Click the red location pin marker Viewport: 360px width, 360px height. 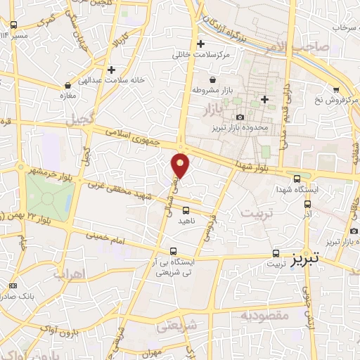coord(181,165)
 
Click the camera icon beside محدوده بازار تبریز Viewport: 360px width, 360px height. coord(240,117)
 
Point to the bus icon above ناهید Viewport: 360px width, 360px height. coord(186,210)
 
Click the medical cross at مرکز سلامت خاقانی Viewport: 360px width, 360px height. coord(201,44)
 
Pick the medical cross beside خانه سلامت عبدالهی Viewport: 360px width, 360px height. coord(112,70)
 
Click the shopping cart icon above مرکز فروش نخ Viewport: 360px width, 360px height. coord(336,89)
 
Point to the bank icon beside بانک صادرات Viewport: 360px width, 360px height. coord(14,285)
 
